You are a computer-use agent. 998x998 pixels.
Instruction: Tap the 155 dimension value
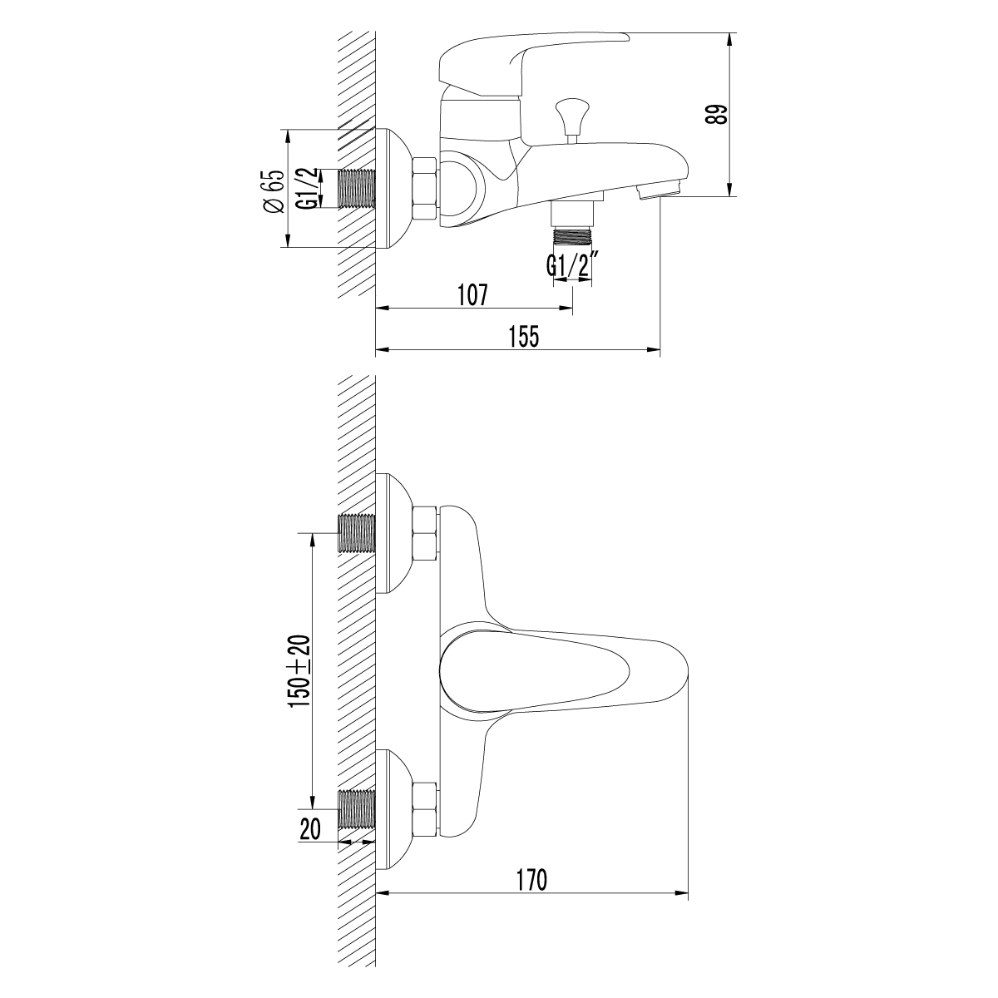point(525,337)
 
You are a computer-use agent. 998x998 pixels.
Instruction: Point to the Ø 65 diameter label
point(274,191)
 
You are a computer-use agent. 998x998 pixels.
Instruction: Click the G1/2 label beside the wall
point(307,189)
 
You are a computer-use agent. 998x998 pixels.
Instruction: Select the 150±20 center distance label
point(299,671)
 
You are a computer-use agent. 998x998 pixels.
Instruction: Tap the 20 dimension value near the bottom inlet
point(309,829)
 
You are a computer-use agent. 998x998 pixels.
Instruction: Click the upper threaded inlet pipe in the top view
point(358,533)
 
